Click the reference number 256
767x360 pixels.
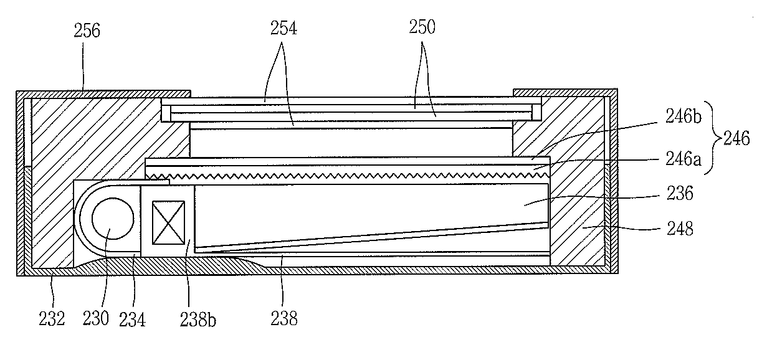[x=87, y=31]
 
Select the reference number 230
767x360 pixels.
[x=97, y=318]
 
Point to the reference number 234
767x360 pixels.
[x=133, y=318]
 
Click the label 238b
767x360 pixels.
[x=194, y=320]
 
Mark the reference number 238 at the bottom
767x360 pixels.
[x=284, y=318]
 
